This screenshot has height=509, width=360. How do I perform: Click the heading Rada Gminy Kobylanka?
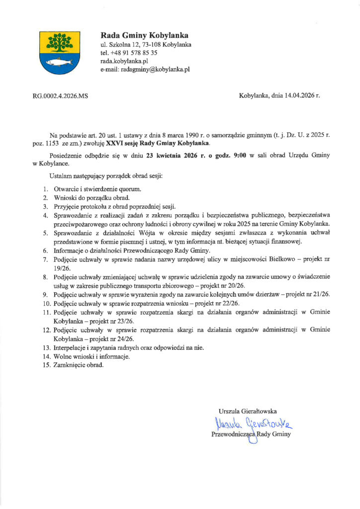(x=144, y=35)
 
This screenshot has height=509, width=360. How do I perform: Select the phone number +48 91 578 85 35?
(x=134, y=53)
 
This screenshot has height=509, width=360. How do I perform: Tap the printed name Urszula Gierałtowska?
(x=248, y=411)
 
